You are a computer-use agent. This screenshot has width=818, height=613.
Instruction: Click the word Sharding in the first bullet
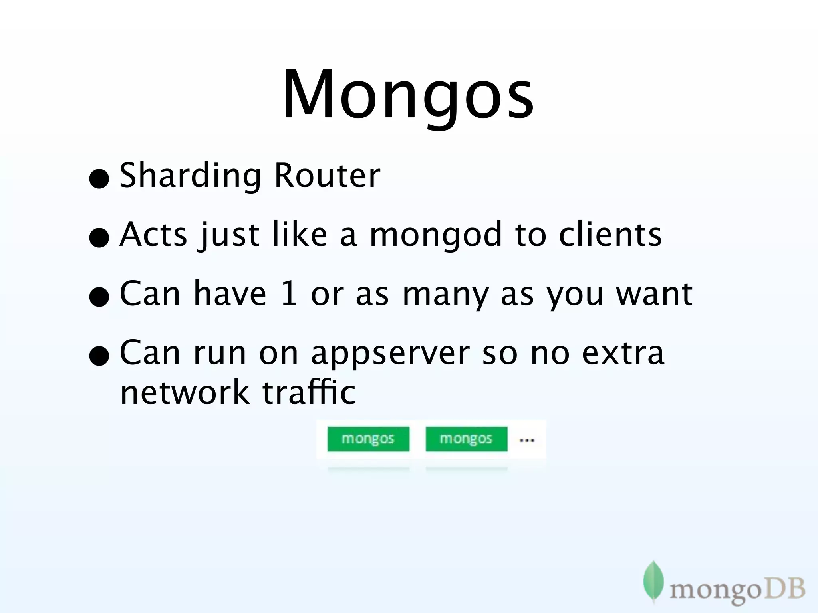coord(190,176)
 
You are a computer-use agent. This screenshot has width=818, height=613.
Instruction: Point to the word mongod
coord(435,235)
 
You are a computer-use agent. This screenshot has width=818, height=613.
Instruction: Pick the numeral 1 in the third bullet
coord(288,293)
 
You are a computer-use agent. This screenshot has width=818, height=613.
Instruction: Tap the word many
coord(446,295)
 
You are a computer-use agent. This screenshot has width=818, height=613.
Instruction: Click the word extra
coord(623,353)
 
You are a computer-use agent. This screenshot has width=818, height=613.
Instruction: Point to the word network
coord(185,392)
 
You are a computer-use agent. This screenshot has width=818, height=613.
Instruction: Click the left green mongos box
coord(368,439)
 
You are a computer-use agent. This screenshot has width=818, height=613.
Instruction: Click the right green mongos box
coord(466,439)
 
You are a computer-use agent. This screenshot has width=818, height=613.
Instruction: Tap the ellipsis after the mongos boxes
coord(526,441)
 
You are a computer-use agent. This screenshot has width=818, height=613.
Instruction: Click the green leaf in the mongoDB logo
coord(653,580)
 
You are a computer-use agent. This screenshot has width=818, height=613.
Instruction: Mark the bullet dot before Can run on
coord(99,356)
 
